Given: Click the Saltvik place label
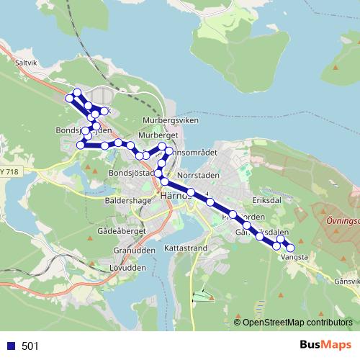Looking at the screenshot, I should (25, 63).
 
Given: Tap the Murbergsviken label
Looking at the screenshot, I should (170, 120).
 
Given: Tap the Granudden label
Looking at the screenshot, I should (130, 251).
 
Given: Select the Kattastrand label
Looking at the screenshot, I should (186, 247).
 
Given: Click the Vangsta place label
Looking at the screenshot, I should (294, 256).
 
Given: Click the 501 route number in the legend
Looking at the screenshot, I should (30, 346).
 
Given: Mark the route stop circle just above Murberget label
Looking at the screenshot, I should (163, 147).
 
